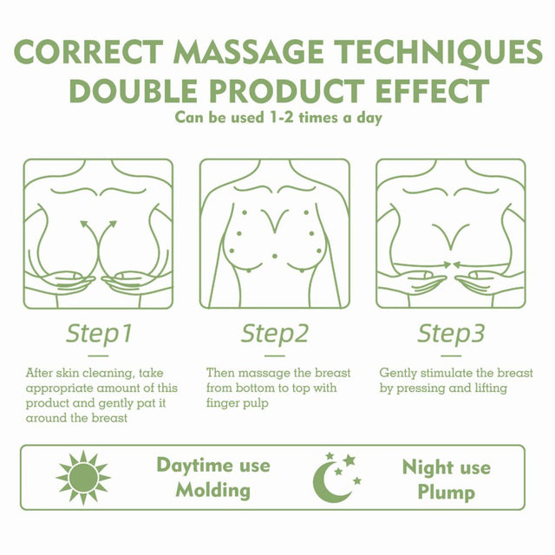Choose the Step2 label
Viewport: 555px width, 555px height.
275,333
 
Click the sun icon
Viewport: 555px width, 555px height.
83,478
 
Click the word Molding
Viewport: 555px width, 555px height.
212,490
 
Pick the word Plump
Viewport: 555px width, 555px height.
445,492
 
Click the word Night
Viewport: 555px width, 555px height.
424,467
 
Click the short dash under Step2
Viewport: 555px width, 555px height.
275,355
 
